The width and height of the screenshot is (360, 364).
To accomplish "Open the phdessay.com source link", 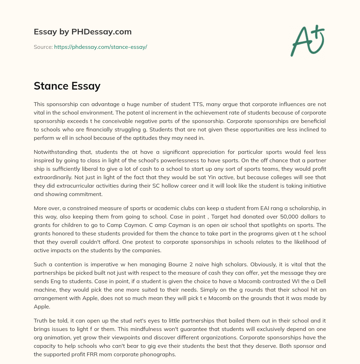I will (x=100, y=47).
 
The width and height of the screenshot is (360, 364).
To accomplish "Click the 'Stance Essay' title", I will (x=67, y=86).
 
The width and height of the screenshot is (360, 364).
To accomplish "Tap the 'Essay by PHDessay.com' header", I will (x=83, y=32).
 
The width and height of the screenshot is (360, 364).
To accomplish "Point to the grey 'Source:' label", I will (x=43, y=47).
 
